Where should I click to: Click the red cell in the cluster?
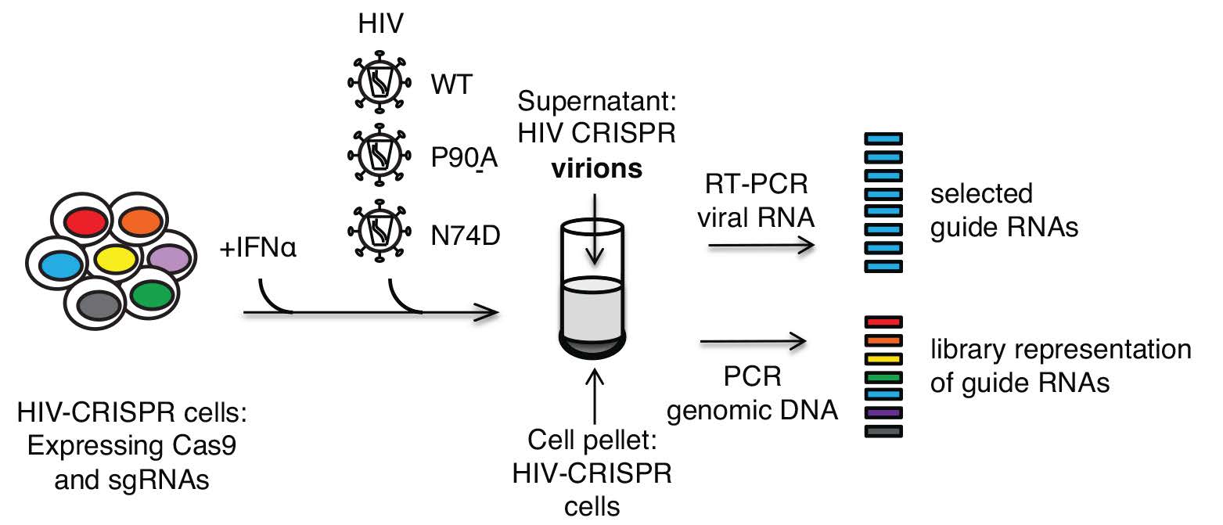[x=84, y=221]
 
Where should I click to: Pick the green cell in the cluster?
[x=150, y=295]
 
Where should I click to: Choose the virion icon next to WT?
[x=378, y=82]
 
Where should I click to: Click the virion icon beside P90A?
[x=378, y=155]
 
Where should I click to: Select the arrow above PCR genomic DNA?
[x=753, y=340]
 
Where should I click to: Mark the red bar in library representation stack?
[x=884, y=322]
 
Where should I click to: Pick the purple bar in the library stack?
[x=884, y=412]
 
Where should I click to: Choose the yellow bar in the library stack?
[x=884, y=358]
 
